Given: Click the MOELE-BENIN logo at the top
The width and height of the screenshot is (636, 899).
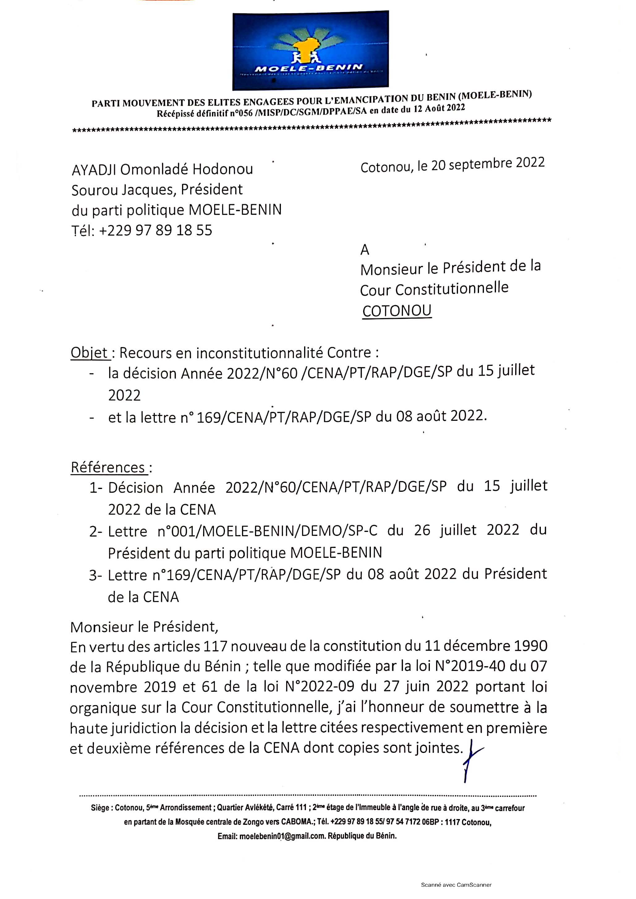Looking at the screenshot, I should pyautogui.click(x=310, y=50).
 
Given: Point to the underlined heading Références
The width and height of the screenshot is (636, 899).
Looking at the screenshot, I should pyautogui.click(x=108, y=467).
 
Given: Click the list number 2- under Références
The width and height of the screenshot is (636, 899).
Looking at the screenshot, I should pyautogui.click(x=95, y=532).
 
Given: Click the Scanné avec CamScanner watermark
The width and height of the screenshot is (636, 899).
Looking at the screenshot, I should pyautogui.click(x=456, y=884).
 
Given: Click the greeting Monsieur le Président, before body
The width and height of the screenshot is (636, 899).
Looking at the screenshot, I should pyautogui.click(x=144, y=627).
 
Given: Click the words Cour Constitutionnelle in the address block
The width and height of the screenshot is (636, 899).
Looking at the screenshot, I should pyautogui.click(x=434, y=289).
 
